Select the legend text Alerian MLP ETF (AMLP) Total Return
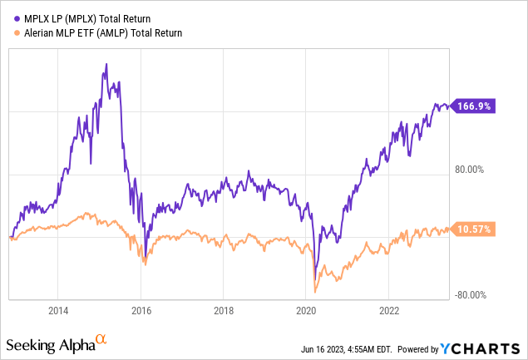click(99, 33)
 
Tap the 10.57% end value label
click(476, 229)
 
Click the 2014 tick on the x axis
click(57, 311)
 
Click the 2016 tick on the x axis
click(141, 311)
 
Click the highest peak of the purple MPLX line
click(106, 64)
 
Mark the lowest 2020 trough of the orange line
click(315, 290)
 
